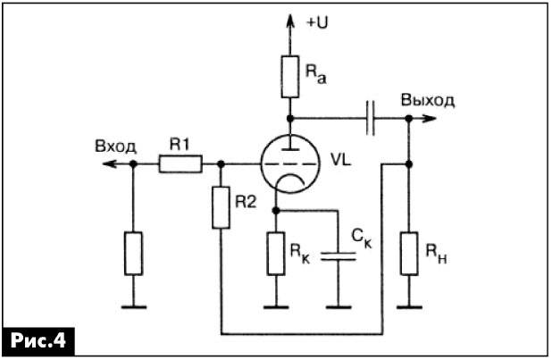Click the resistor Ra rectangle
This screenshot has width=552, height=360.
[x=290, y=77]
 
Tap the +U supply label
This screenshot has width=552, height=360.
[x=317, y=23]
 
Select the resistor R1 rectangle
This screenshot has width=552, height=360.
[x=180, y=163]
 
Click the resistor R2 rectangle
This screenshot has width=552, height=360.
[x=222, y=207]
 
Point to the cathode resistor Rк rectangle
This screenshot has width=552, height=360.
[x=276, y=254]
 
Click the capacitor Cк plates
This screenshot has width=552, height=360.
[x=339, y=256]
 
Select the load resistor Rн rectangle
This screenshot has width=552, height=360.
[x=409, y=254]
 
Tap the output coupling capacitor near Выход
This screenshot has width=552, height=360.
[x=370, y=118]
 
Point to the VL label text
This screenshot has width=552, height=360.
[x=341, y=161]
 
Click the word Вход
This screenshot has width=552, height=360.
[x=115, y=147]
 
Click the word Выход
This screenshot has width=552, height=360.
[x=427, y=101]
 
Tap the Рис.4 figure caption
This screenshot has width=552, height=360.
[x=38, y=340]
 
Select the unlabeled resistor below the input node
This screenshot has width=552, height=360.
[x=133, y=254]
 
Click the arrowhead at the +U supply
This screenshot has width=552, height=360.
[x=290, y=21]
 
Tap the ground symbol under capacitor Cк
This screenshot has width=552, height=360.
[x=339, y=307]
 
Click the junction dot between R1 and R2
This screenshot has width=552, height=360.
[x=222, y=163]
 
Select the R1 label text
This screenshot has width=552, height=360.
[x=180, y=145]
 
